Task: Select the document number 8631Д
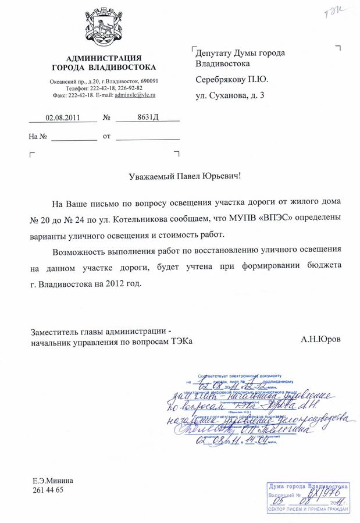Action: click(148, 118)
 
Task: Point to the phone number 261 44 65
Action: click(48, 490)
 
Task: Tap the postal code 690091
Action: click(148, 81)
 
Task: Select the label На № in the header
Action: click(37, 137)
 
